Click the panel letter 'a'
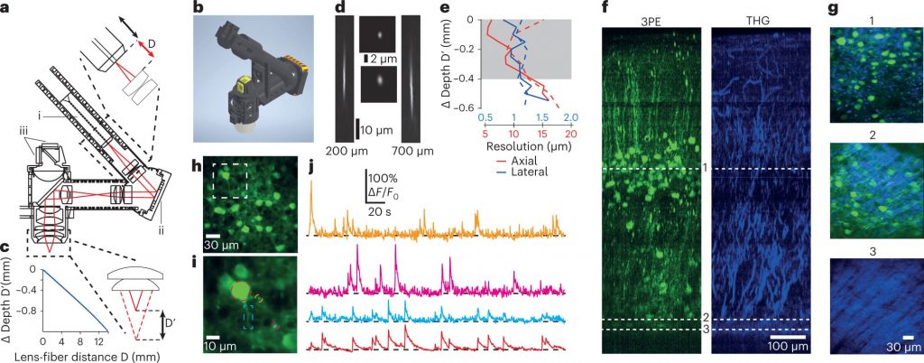point(5,8)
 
